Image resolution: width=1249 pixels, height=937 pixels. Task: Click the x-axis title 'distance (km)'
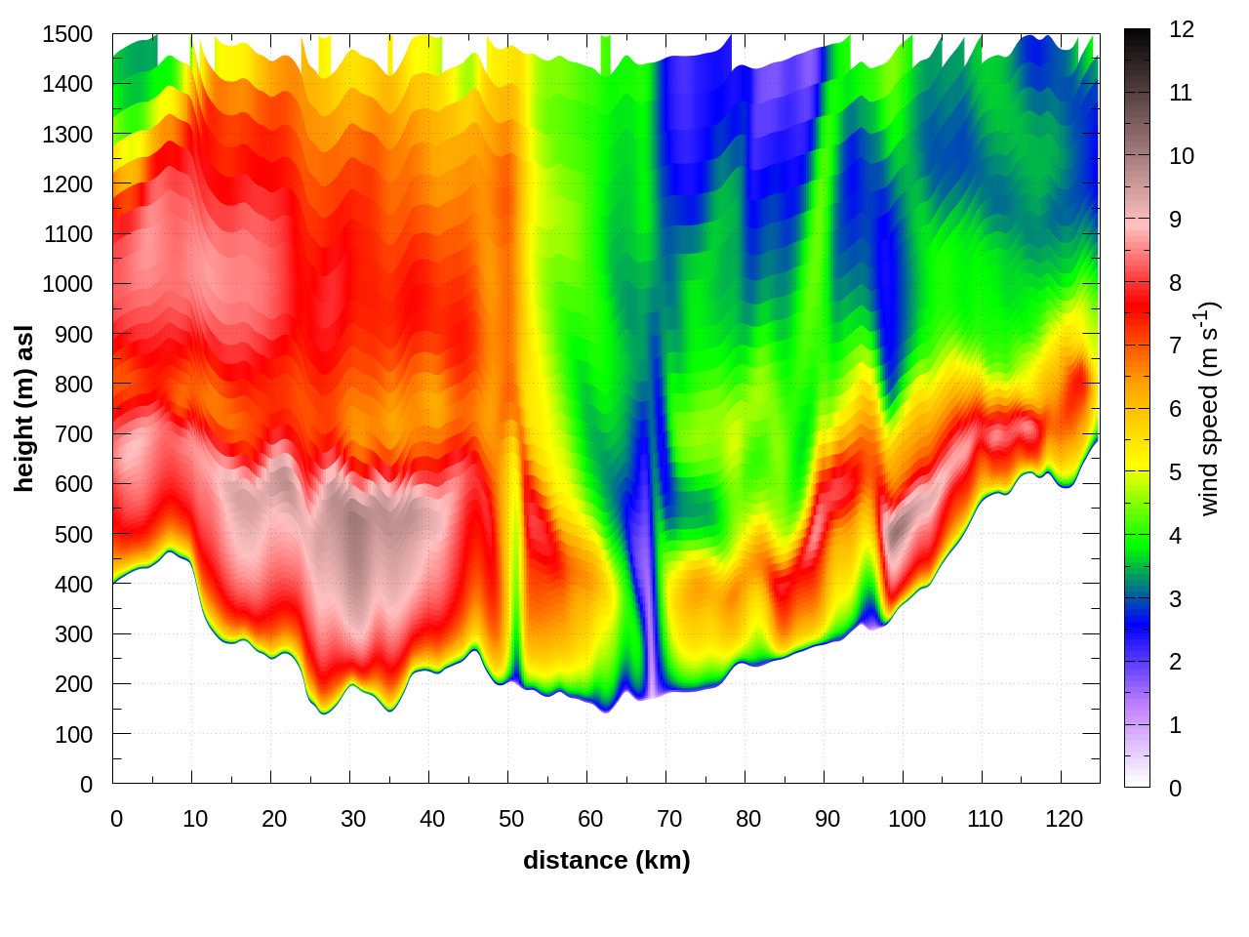point(606,860)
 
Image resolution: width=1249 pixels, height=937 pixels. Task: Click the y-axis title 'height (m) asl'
point(24,408)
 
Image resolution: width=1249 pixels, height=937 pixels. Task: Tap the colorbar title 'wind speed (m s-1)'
point(1209,408)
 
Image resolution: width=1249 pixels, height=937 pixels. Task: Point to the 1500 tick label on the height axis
point(67,34)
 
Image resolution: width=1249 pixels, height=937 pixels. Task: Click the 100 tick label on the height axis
point(73,735)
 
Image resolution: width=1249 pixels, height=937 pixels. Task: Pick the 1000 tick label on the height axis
point(67,284)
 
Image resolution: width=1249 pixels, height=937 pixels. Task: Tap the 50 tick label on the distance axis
point(511,819)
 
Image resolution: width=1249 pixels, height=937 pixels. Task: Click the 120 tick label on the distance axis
point(1064,819)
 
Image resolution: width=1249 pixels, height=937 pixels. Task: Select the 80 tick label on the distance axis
point(748,819)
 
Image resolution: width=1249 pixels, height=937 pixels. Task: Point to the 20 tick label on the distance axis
point(274,819)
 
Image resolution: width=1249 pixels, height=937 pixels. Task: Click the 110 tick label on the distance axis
point(985,819)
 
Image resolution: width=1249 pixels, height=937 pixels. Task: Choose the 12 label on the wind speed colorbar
point(1182,29)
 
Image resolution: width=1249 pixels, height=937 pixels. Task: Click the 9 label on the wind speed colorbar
point(1176,220)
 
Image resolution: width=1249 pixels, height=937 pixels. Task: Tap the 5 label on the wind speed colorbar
point(1176,472)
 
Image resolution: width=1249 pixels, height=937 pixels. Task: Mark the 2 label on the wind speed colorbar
point(1176,662)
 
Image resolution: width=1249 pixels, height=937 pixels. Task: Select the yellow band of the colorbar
point(1137,459)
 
